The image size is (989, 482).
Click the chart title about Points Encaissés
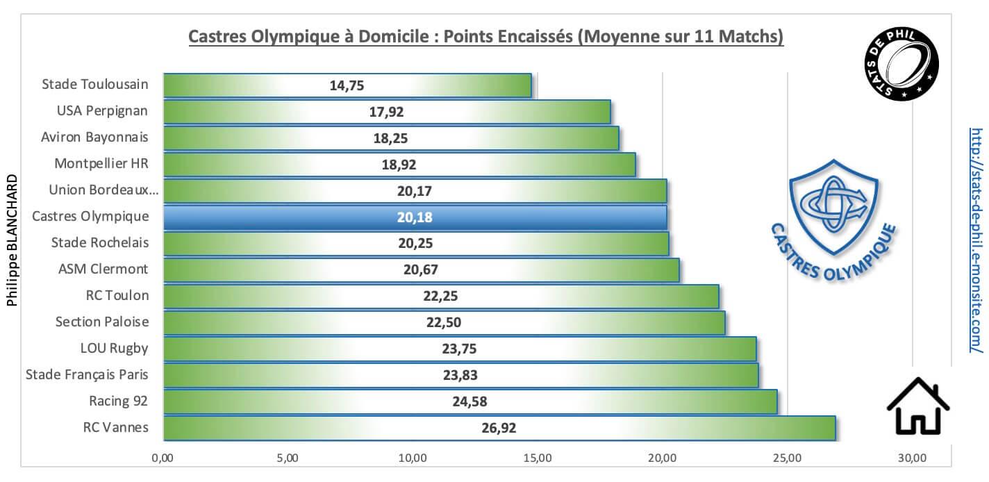click(486, 36)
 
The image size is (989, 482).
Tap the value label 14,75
click(347, 85)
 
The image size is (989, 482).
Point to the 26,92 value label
click(499, 428)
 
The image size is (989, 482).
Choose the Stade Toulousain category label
click(95, 85)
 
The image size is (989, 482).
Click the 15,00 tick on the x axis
click(537, 458)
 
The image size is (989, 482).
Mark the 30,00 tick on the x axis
click(911, 458)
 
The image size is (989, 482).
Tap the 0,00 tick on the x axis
click(163, 458)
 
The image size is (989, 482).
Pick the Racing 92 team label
click(118, 401)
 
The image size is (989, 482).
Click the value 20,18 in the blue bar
click(415, 217)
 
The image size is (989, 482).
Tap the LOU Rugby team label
click(115, 348)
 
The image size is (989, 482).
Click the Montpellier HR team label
click(101, 164)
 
